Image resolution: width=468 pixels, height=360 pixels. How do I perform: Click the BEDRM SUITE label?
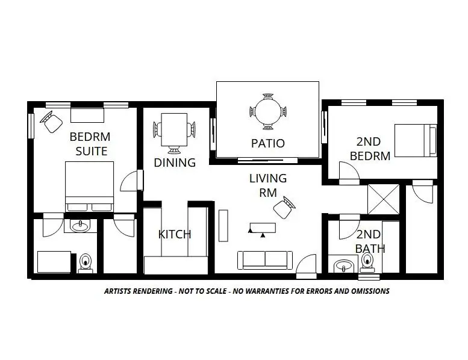89,143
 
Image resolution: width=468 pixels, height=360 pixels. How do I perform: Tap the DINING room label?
175,163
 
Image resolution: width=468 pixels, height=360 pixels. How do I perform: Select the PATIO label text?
267,144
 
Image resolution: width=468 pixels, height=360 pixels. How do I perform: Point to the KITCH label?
175,234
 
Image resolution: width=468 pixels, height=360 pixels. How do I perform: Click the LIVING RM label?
268,185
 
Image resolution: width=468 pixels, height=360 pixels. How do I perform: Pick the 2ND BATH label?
370,241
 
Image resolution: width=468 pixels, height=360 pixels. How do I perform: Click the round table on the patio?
268,111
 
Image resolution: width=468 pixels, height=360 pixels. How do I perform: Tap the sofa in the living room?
265,259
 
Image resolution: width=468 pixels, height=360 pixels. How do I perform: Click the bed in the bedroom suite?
89,185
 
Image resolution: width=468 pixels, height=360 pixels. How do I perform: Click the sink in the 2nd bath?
344,265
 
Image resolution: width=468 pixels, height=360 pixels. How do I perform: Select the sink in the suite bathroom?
80,226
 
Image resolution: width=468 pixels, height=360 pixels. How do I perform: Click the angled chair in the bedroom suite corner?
52,123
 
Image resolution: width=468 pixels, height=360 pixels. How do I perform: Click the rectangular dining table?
175,129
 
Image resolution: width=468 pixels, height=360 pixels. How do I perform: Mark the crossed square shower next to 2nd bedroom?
384,199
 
